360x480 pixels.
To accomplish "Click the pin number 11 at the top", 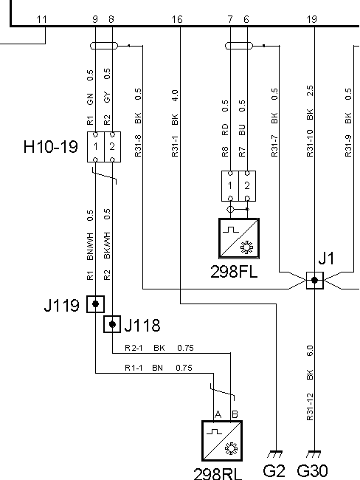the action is (41, 20).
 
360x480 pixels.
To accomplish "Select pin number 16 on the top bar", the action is (177, 20).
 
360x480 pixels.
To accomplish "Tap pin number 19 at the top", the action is (312, 20).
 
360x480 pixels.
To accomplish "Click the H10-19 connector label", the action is (51, 147).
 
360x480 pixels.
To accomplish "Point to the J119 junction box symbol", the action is (95, 304).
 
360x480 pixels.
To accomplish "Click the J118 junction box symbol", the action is (112, 324).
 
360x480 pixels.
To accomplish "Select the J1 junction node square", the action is (315, 280).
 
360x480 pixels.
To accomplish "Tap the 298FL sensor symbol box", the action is (239, 239).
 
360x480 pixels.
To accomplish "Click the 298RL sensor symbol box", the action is (222, 441).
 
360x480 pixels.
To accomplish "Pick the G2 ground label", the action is (274, 471).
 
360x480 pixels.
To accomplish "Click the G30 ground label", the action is (312, 471).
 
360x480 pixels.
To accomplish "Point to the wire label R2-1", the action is (134, 348).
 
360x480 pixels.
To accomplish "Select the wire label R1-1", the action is (134, 368).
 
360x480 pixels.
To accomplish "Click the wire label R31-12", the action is (310, 407).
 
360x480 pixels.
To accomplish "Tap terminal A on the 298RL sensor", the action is (218, 414).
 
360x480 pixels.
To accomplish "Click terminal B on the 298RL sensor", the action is (235, 414).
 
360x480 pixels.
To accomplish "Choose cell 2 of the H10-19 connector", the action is (113, 147).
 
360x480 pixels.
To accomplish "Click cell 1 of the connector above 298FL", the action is (230, 186).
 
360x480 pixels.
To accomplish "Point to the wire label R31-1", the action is (175, 146).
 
